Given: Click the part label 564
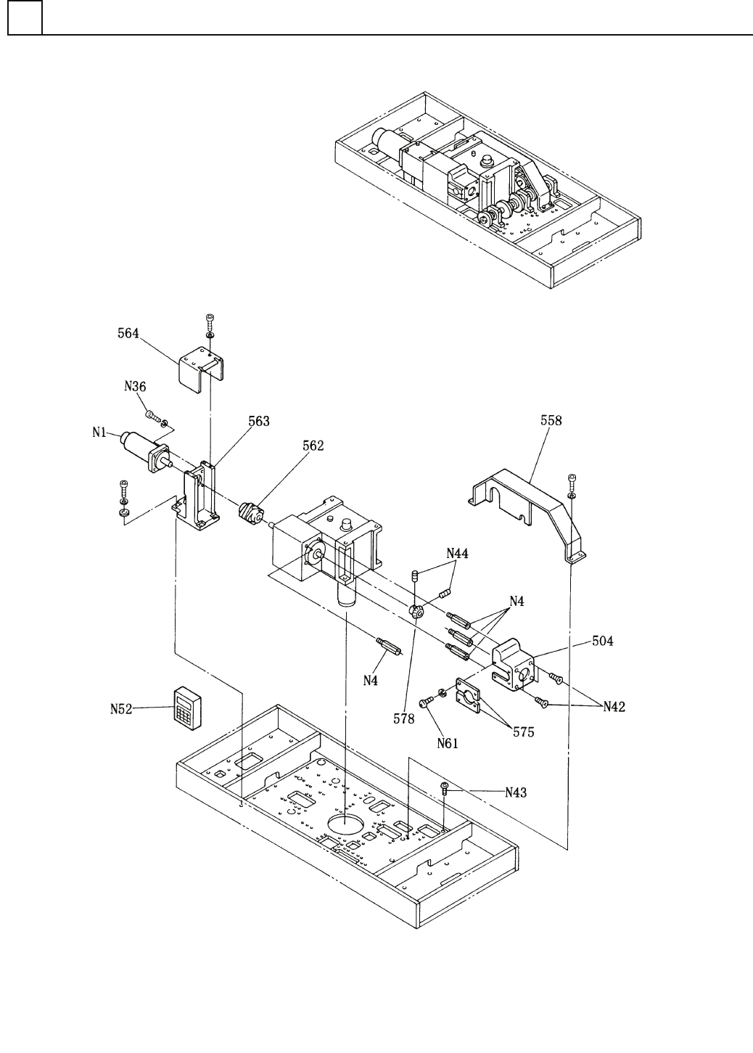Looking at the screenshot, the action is tap(128, 333).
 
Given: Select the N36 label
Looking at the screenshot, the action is tap(135, 386).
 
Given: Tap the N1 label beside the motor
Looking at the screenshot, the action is tap(99, 432).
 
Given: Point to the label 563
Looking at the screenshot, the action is tap(259, 421).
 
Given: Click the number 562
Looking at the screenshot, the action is tap(313, 445).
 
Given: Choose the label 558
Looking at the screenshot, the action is tap(551, 420).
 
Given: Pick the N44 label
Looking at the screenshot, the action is tap(457, 553).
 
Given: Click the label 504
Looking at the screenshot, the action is tap(602, 641).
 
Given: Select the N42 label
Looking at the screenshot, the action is tap(614, 707).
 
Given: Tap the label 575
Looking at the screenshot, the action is tap(523, 732).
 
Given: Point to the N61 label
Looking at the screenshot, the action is tap(448, 743).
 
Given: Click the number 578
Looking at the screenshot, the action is tap(404, 718).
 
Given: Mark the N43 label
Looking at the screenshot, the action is tap(516, 792).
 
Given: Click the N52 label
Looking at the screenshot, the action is tap(121, 709).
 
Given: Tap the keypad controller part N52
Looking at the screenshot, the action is tap(188, 709).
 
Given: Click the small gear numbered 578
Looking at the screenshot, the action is tap(416, 612).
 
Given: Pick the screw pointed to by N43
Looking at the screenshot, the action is tap(444, 788).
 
